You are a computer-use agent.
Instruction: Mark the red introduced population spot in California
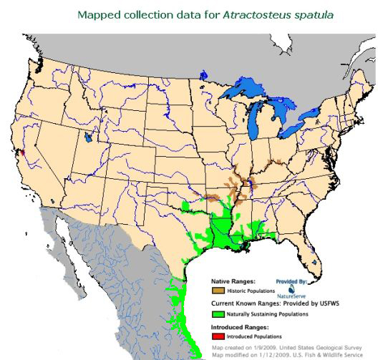coord(22,152)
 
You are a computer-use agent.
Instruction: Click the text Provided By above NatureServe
coord(292,282)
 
